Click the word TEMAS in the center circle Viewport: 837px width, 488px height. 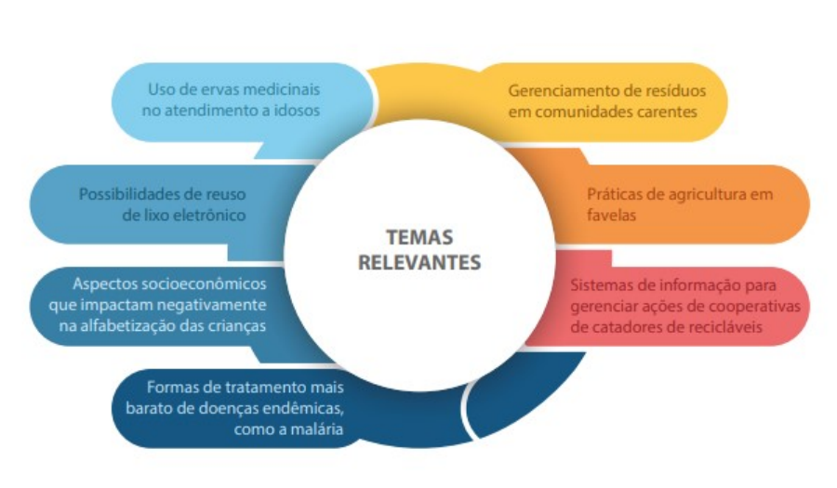[x=419, y=237]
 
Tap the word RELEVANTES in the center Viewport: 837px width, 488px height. [x=419, y=262]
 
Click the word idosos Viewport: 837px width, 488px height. [x=297, y=111]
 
